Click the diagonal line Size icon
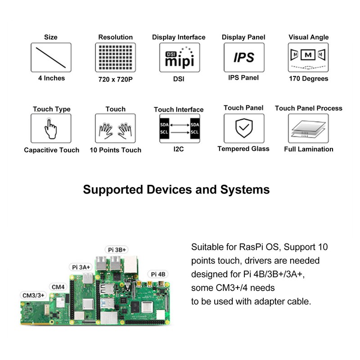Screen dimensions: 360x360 click(x=51, y=57)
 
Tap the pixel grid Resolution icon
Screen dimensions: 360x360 click(x=115, y=57)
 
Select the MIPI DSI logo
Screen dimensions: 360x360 click(x=179, y=57)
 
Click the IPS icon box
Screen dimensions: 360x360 click(x=243, y=57)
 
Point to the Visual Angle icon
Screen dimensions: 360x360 click(x=308, y=57)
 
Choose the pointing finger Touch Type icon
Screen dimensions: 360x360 click(x=51, y=128)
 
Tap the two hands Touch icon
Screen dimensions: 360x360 click(x=115, y=128)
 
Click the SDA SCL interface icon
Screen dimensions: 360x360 click(x=179, y=128)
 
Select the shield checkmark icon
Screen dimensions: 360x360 click(x=243, y=128)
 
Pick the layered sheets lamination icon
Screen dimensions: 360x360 click(x=308, y=128)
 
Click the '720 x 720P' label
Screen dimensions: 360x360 click(x=115, y=79)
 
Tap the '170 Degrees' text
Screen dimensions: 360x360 click(x=308, y=79)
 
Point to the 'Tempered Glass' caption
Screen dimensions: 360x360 click(x=243, y=149)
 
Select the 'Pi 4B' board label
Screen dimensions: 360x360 click(x=158, y=274)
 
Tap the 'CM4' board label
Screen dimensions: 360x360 click(x=58, y=287)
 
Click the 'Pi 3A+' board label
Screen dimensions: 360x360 click(x=81, y=267)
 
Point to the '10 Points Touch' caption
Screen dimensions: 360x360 click(x=115, y=150)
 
